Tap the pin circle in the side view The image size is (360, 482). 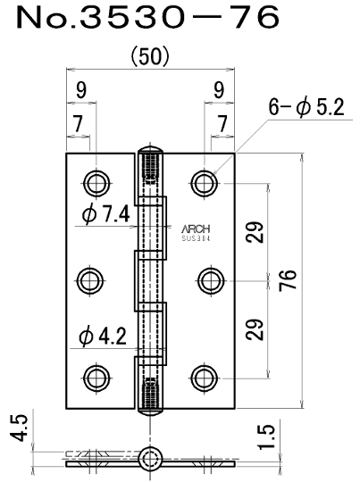pos(149,460)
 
